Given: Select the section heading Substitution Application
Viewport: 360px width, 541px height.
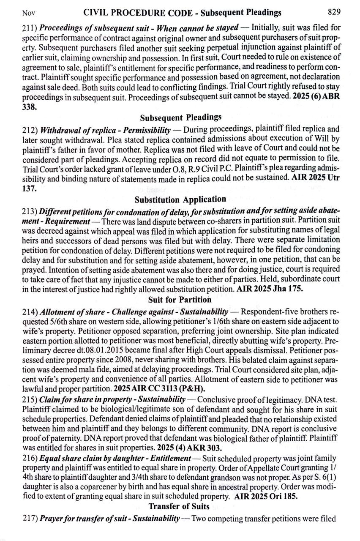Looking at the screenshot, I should click(180, 199).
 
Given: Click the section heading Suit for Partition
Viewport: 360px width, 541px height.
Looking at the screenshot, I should click(180, 300).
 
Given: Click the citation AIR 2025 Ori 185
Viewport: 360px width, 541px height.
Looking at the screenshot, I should click(266, 497).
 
